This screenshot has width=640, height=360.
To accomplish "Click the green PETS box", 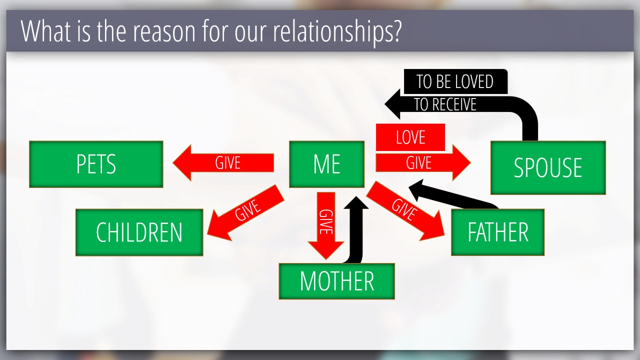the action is [x=96, y=164].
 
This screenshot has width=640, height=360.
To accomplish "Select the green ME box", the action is [x=327, y=164].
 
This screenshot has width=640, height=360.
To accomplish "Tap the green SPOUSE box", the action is [x=548, y=167].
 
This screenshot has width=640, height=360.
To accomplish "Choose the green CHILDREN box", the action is [x=139, y=232].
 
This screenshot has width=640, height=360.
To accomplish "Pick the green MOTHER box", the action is [x=337, y=281].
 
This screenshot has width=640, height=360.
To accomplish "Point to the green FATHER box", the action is [x=497, y=232].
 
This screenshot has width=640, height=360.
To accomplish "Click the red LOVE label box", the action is [x=410, y=137].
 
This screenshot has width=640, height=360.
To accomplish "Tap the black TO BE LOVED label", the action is [x=455, y=81].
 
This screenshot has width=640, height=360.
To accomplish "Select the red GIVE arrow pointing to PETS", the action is [x=223, y=163].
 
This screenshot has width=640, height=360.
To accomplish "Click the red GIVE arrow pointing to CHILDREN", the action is [x=245, y=213].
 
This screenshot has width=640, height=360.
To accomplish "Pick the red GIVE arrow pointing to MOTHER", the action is [x=326, y=225].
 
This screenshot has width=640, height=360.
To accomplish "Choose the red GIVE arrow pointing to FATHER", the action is [x=405, y=211].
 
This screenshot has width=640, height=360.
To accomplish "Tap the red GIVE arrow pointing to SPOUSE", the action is [x=423, y=163].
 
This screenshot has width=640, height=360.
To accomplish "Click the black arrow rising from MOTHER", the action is [x=355, y=228].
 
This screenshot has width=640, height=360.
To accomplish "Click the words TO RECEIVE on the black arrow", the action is [x=445, y=104].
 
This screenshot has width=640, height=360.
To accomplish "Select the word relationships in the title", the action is [x=337, y=31].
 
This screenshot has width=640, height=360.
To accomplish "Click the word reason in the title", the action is [x=164, y=32].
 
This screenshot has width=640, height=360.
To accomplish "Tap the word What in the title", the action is [x=45, y=31].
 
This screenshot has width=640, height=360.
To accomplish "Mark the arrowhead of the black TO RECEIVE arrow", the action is [x=392, y=104].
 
